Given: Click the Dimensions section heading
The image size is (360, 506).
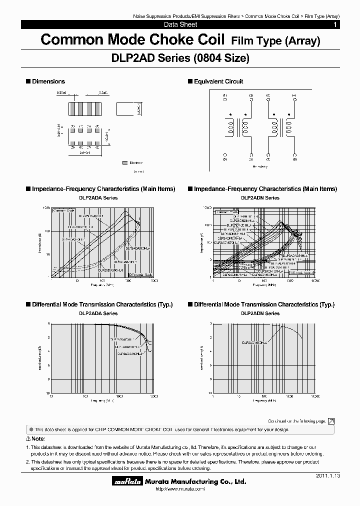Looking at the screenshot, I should pos(48,81).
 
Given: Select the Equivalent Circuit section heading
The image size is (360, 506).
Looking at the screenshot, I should pos(218,81).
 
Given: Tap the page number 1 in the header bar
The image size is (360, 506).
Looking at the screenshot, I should pos(335,24).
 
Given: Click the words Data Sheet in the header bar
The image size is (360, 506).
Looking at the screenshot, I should pos(180,24).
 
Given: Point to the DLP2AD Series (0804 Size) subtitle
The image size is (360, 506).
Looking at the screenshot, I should pos(179,58).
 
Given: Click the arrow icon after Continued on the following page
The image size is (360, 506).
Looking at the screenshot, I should pos(331,421).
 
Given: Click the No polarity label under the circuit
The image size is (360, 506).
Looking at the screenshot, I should pos(260,166).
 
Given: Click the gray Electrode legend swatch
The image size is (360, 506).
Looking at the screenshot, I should pos(124,162).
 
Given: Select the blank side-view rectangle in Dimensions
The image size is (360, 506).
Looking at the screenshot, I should pos(125,108).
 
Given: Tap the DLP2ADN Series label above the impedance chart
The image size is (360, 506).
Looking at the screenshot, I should pos(260,198).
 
